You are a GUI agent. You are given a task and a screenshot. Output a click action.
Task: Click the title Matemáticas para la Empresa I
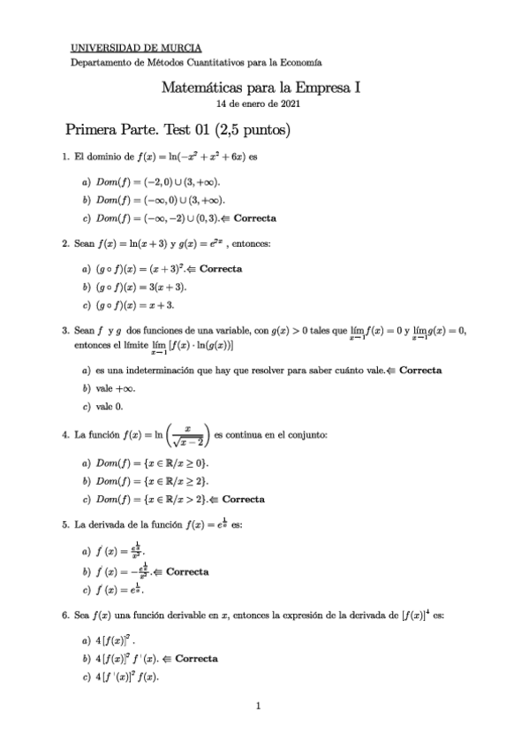(261, 88)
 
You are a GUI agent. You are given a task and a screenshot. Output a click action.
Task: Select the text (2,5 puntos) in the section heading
(252, 130)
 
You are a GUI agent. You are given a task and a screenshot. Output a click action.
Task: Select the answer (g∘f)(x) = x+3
(134, 305)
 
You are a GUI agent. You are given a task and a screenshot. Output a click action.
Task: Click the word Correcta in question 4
(240, 499)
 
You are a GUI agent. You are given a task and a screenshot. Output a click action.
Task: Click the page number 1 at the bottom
(258, 706)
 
